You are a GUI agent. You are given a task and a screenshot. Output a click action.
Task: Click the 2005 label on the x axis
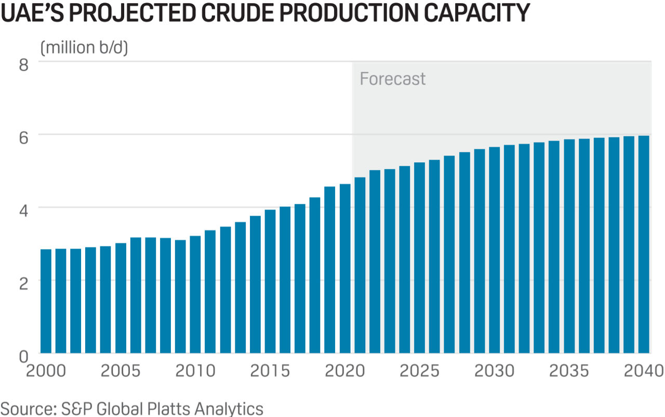click(x=121, y=371)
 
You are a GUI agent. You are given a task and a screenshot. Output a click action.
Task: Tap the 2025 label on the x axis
click(x=419, y=371)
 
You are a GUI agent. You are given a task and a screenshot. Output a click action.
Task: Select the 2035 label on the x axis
click(x=569, y=371)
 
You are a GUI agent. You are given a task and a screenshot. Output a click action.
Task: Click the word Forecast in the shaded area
click(x=392, y=79)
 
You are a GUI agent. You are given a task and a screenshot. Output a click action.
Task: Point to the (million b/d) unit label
click(x=84, y=47)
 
